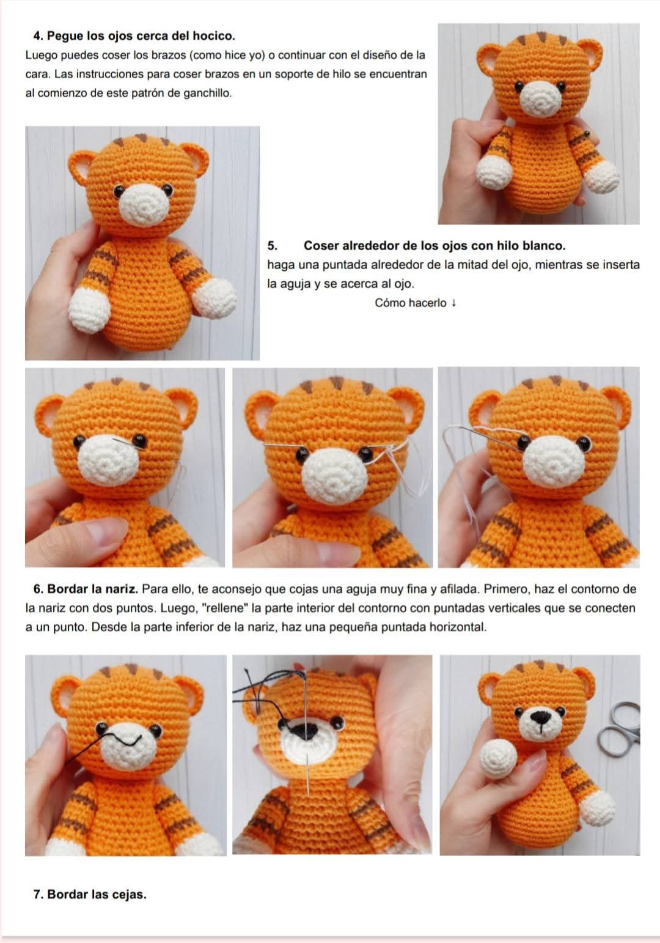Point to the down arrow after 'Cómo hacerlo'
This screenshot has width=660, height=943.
click(x=453, y=303)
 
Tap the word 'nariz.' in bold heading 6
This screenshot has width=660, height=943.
click(x=122, y=589)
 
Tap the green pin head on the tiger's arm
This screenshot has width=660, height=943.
click(x=587, y=134)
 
